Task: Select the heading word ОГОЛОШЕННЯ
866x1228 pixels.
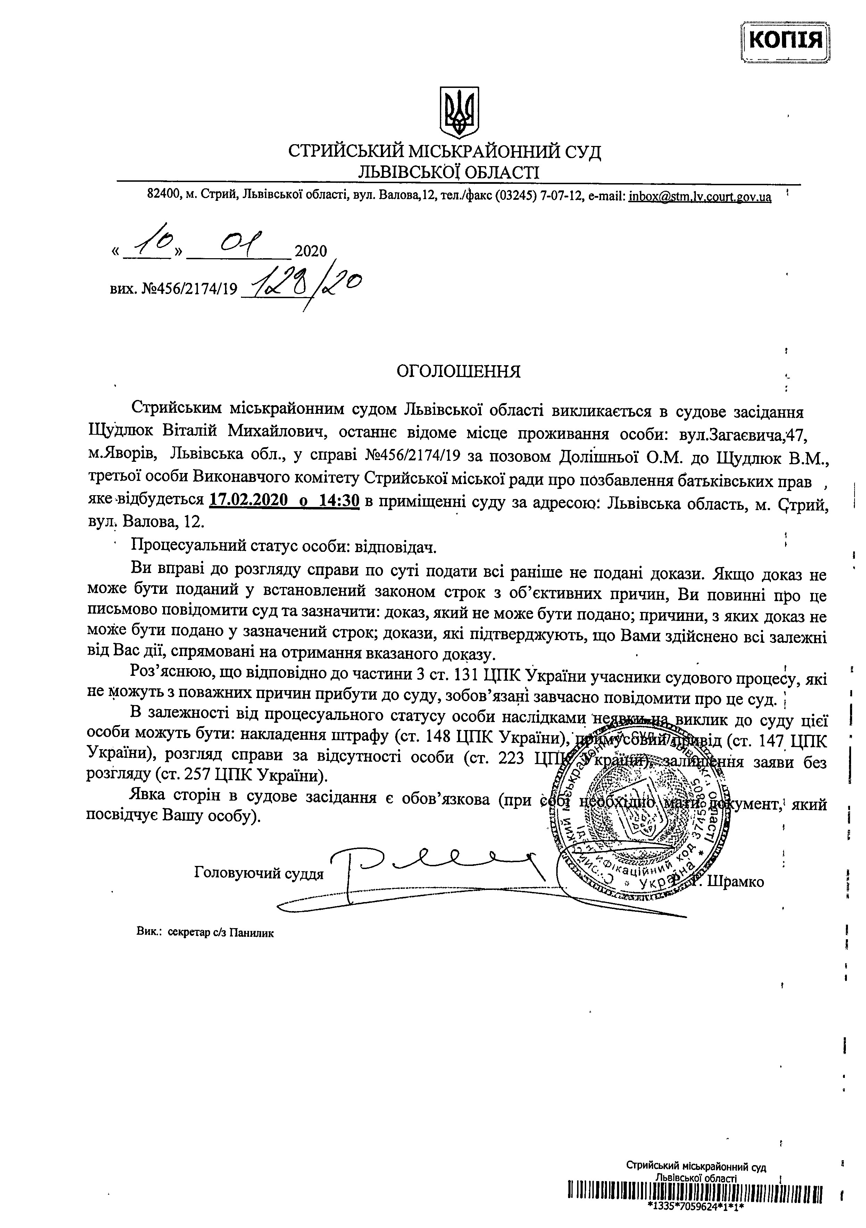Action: click(458, 371)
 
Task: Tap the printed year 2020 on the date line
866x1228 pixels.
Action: click(310, 251)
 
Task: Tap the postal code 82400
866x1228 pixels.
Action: click(164, 196)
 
